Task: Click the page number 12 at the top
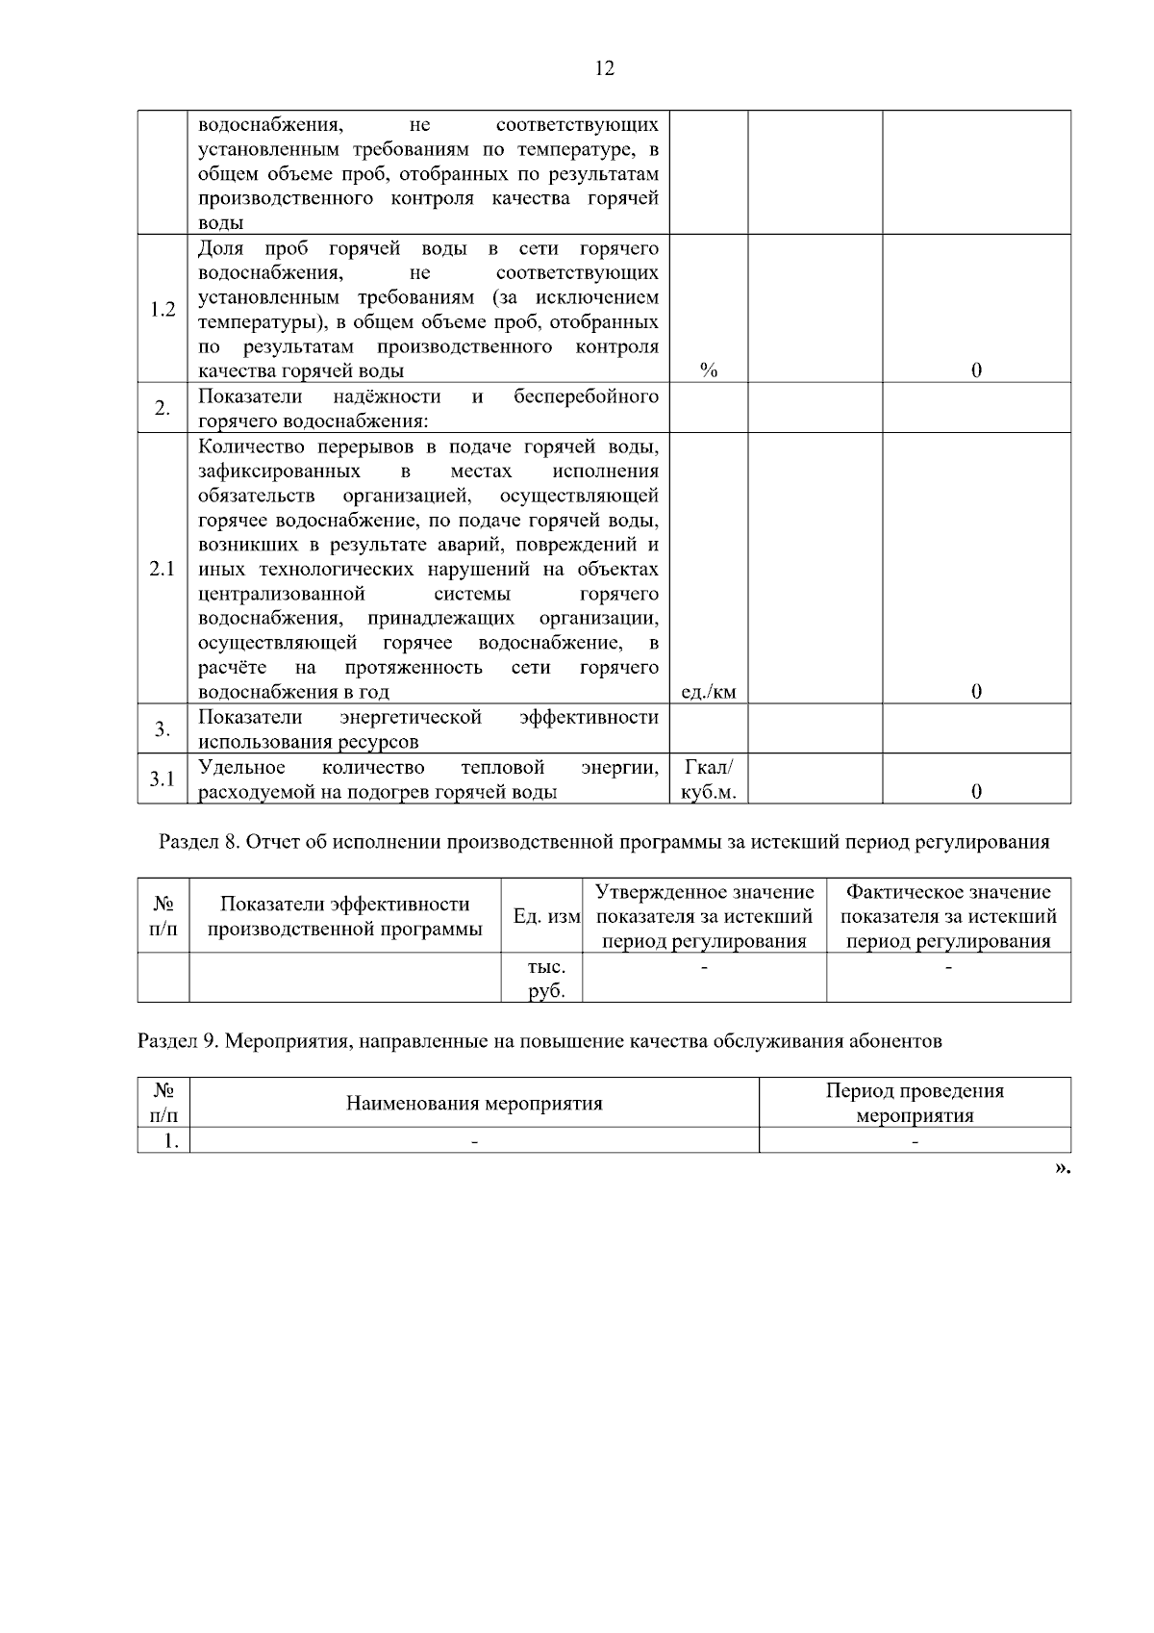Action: pos(605,68)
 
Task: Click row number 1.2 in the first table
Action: pos(163,310)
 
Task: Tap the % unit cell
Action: pos(709,370)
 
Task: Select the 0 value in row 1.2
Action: pos(976,370)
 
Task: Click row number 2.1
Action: pos(163,569)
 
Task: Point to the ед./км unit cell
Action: pos(709,692)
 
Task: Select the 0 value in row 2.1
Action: pos(976,692)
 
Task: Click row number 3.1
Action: pos(163,778)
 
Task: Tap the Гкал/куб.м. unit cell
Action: pos(709,779)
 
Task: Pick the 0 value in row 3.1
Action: pos(976,792)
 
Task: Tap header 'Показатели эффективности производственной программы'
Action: pos(345,916)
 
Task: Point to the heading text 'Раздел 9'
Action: pos(177,1041)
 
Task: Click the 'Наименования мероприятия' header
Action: pos(474,1104)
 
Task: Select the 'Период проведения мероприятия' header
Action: pos(915,1104)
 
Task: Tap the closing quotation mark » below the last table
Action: pos(1061,1167)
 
